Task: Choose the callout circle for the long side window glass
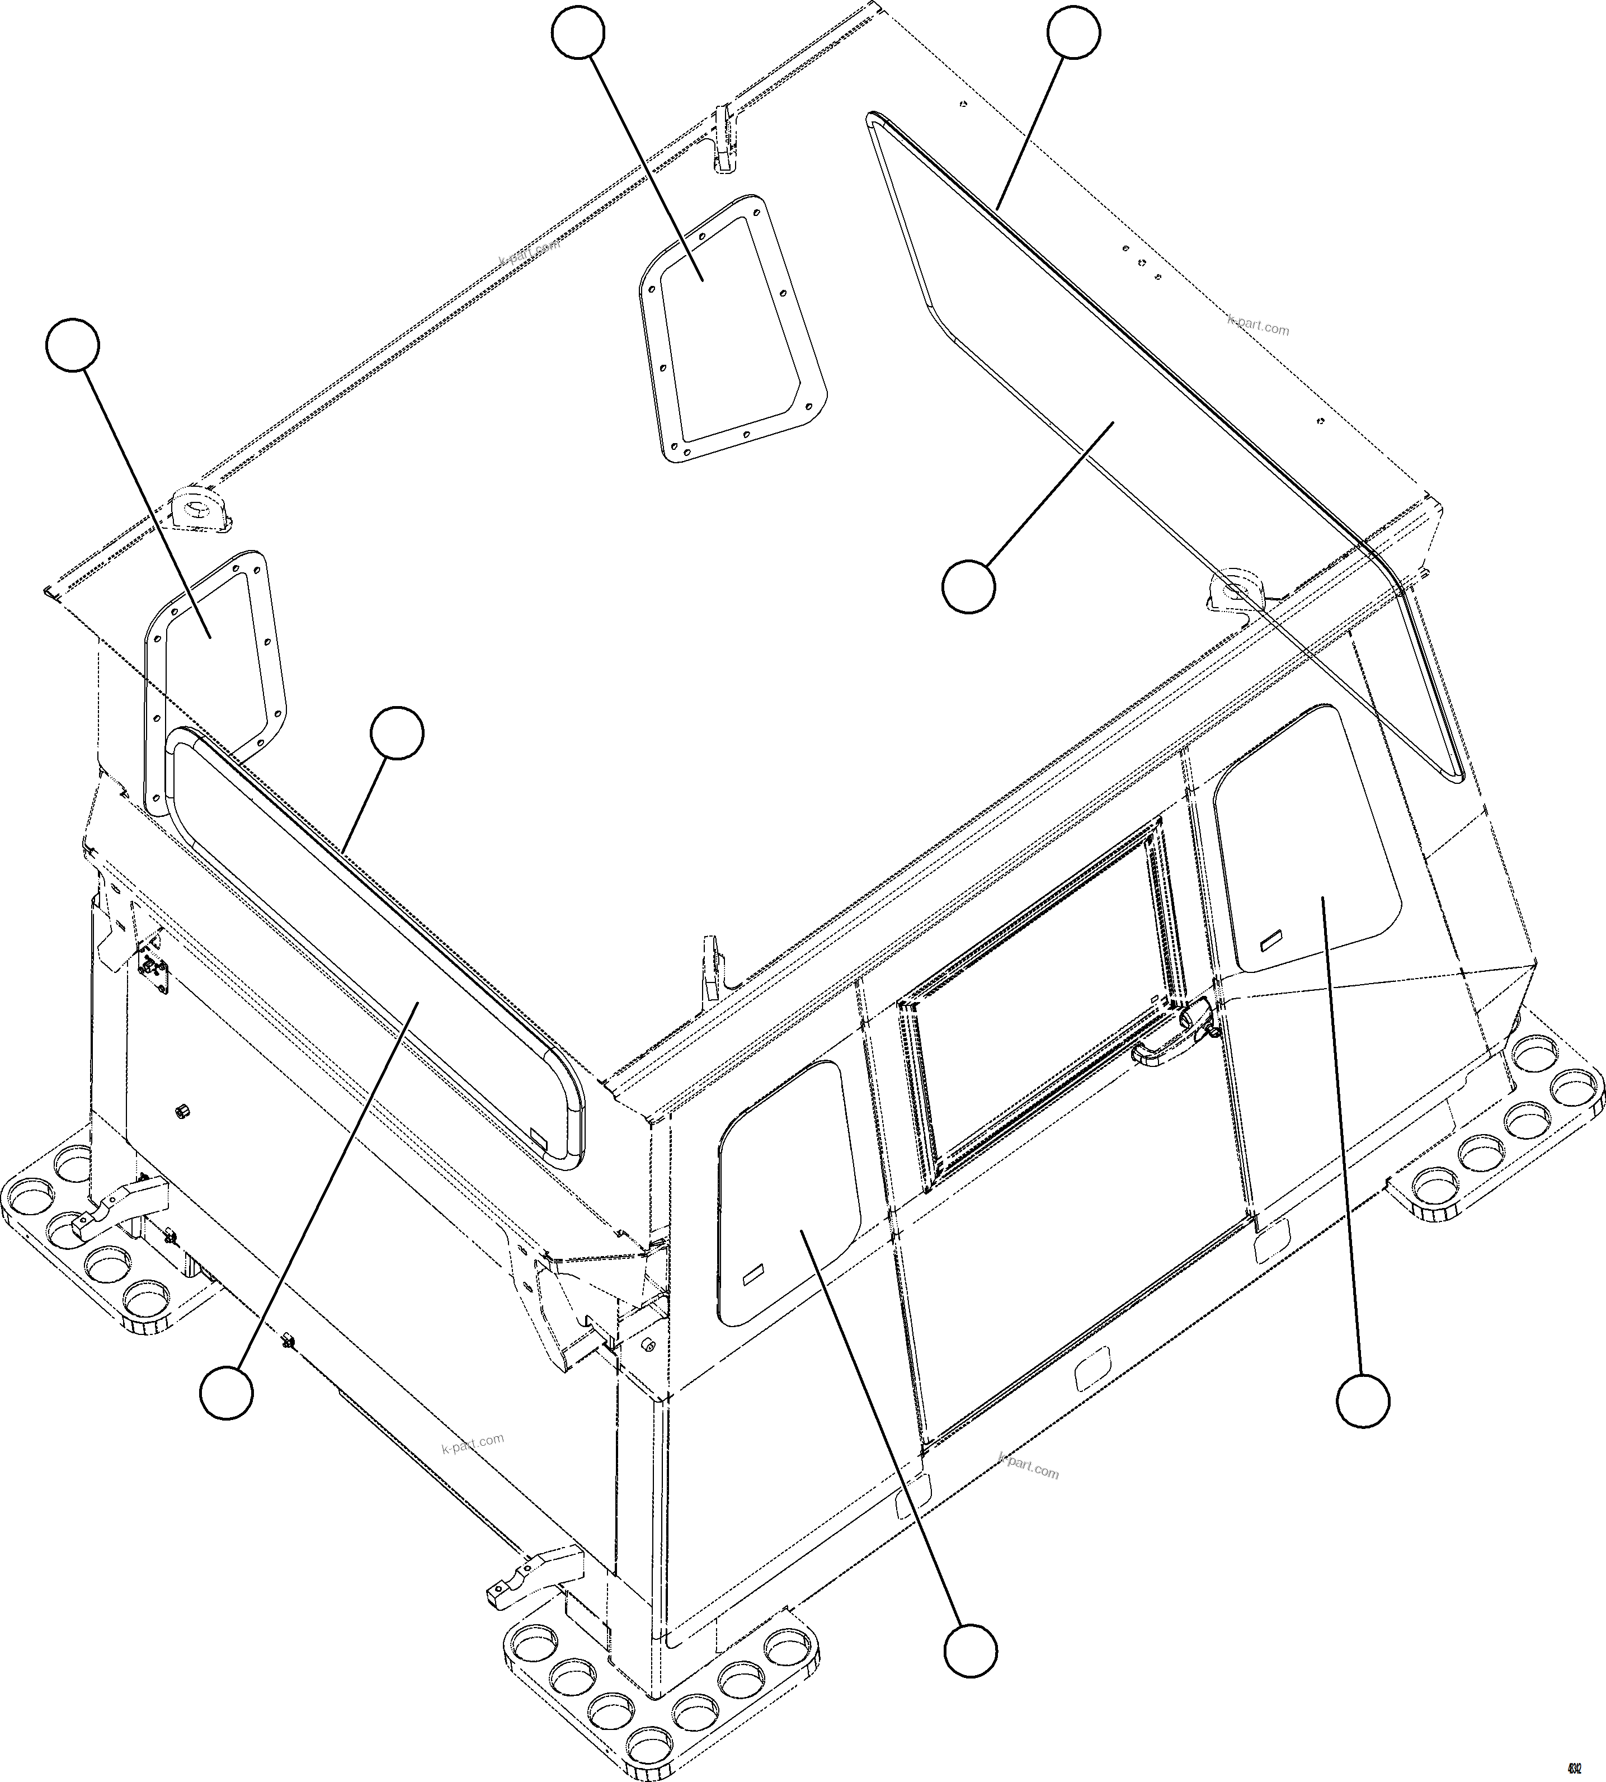click(227, 1392)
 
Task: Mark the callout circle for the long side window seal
click(396, 732)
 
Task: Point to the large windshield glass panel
click(1103, 397)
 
